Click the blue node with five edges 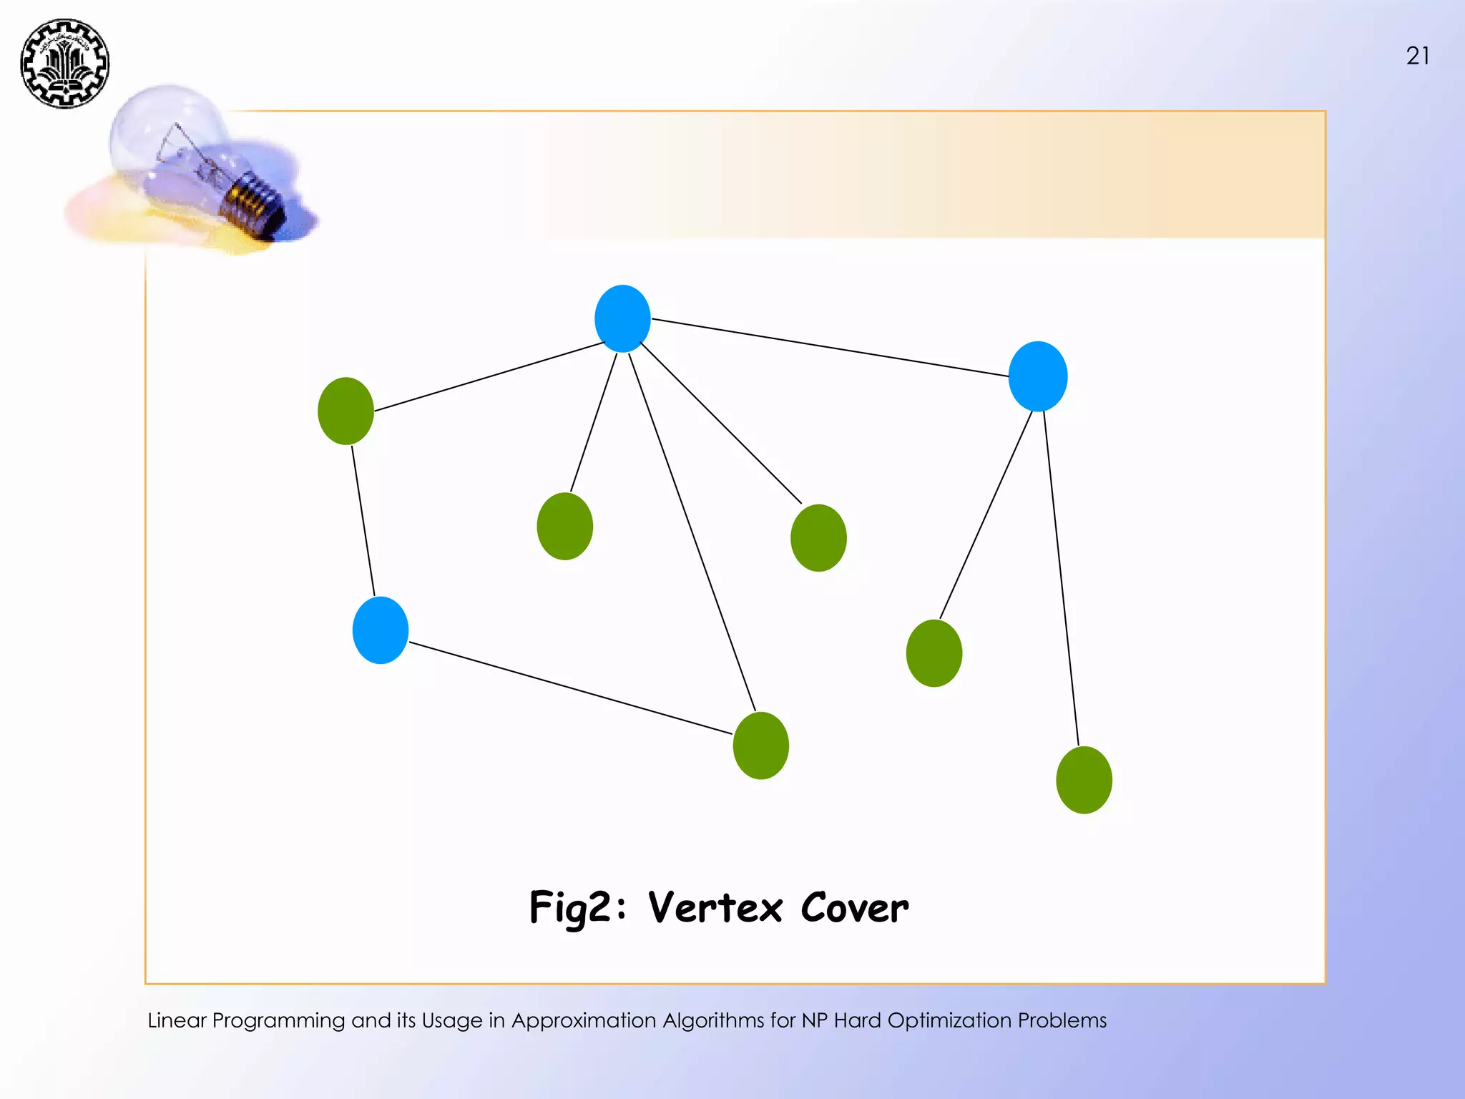pos(622,318)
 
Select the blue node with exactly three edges pos(1037,376)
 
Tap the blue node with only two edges pos(381,630)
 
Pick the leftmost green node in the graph pos(346,411)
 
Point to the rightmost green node pos(1084,780)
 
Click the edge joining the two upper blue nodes pos(830,347)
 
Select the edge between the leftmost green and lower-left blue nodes pos(363,521)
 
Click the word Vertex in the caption pos(715,908)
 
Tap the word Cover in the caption pos(855,908)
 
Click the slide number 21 pos(1418,56)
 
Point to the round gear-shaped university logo pos(64,64)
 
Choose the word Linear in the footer pos(177,1020)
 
